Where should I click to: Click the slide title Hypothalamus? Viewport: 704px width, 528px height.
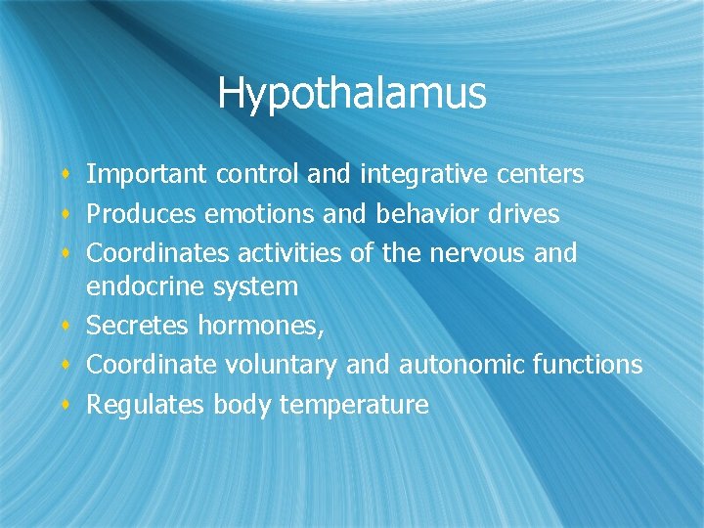[351, 94]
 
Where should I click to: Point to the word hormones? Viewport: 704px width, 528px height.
[260, 326]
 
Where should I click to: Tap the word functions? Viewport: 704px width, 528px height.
[588, 364]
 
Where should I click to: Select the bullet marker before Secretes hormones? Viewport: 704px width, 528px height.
[65, 325]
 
